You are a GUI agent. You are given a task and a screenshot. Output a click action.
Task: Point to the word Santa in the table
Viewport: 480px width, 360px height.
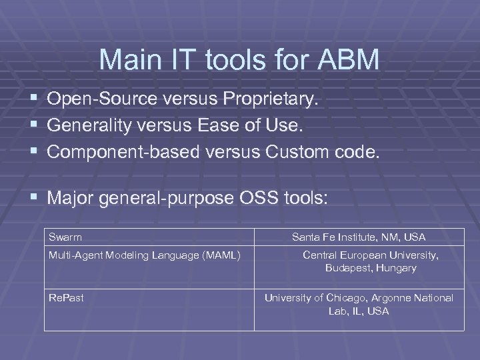coord(305,237)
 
